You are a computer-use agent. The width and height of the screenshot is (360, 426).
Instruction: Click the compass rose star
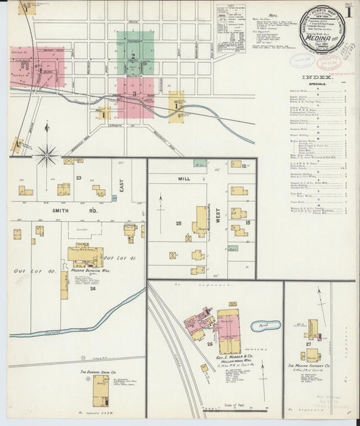[47, 155]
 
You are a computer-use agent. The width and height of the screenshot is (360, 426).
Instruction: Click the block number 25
[178, 223]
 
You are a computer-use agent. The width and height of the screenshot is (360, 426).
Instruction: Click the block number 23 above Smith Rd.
[78, 178]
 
